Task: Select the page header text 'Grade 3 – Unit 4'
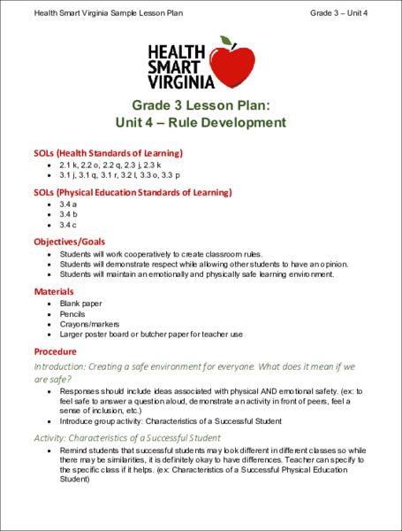pos(338,12)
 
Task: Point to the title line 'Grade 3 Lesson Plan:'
pos(201,104)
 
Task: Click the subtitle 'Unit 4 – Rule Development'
pos(201,122)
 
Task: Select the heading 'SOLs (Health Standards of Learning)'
pos(108,152)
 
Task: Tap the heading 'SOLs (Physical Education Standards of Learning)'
pos(133,191)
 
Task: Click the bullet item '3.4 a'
pos(68,204)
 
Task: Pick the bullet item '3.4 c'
pos(68,225)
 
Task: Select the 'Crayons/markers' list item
pos(90,324)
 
